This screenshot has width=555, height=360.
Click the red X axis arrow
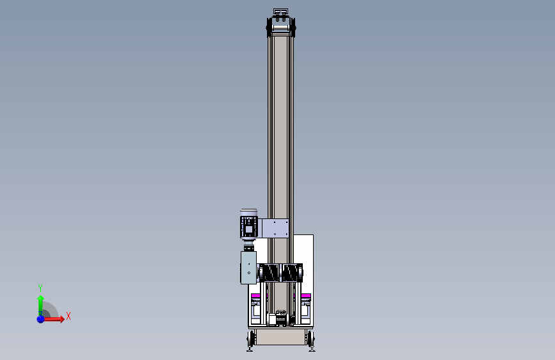[x=53, y=319]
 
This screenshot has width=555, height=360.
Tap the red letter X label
[x=68, y=316]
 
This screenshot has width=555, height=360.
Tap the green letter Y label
[x=40, y=288]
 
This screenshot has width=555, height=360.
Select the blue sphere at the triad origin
[x=41, y=319]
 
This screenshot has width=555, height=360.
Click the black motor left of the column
[x=249, y=225]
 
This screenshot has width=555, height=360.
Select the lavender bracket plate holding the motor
[x=275, y=228]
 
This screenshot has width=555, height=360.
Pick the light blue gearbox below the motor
[x=248, y=268]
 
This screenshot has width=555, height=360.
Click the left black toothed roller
[x=269, y=273]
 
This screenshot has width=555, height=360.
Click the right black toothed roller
[x=292, y=273]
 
